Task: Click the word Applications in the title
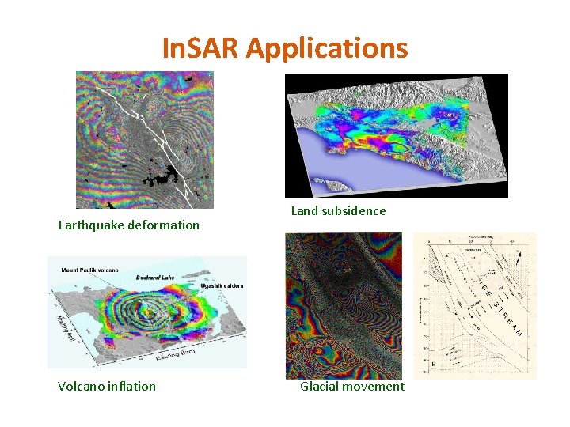pyautogui.click(x=327, y=49)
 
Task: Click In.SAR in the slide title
pyautogui.click(x=201, y=49)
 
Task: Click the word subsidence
pyautogui.click(x=355, y=211)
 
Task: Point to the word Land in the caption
pyautogui.click(x=305, y=211)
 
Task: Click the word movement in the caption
pyautogui.click(x=374, y=387)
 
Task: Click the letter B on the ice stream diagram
pyautogui.click(x=432, y=363)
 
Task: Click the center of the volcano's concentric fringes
pyautogui.click(x=146, y=312)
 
